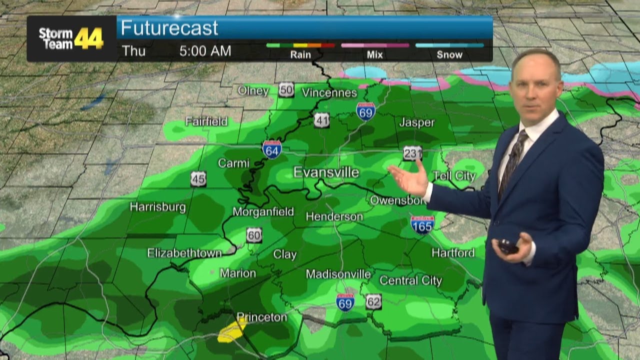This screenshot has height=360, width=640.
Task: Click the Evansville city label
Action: click(x=326, y=172)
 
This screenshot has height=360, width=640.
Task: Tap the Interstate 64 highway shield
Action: click(x=271, y=149)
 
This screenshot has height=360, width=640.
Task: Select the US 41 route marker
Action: click(x=321, y=120)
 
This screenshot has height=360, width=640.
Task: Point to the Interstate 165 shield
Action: click(x=422, y=224)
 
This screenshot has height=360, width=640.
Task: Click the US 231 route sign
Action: click(x=412, y=153)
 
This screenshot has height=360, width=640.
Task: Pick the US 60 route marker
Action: click(x=254, y=235)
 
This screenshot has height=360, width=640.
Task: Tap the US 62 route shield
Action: click(x=373, y=301)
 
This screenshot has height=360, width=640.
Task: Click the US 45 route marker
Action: click(x=198, y=178)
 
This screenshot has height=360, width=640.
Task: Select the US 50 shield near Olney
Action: click(x=286, y=89)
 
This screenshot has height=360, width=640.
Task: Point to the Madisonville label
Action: click(x=338, y=274)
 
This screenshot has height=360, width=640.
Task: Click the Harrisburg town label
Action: click(x=157, y=207)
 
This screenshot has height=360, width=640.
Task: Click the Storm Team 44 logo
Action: click(x=71, y=38)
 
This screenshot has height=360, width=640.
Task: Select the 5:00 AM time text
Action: click(x=205, y=51)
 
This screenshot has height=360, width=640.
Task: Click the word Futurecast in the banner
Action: click(x=169, y=28)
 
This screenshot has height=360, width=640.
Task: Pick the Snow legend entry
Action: click(x=449, y=54)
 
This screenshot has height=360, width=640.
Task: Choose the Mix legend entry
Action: click(x=374, y=54)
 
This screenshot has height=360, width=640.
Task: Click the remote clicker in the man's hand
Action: click(x=507, y=246)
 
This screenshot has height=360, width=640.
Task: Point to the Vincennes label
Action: click(x=329, y=92)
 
